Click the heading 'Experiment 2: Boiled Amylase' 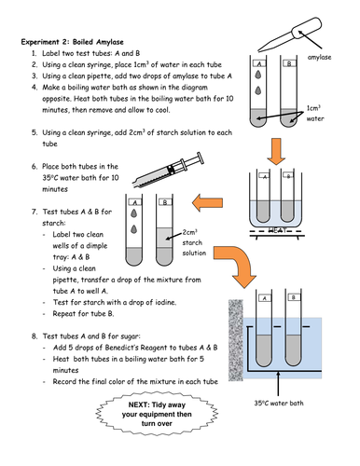pos(72,42)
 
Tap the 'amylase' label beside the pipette pos(319,57)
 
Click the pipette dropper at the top pos(290,34)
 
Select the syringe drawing pos(168,170)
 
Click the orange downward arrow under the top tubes pos(276,151)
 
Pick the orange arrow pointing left pos(207,203)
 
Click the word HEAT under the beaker pos(277,230)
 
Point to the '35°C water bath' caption pos(279,403)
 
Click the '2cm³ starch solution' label pos(194,242)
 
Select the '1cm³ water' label pos(314,113)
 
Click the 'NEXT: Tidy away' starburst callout pos(157,414)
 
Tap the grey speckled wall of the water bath pos(236,340)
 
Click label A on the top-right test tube pos(259,63)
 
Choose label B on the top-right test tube pos(289,63)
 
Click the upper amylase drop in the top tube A pos(258,75)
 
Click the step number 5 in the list pos(35,132)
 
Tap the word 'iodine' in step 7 pos(165,302)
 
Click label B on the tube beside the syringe pos(165,202)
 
